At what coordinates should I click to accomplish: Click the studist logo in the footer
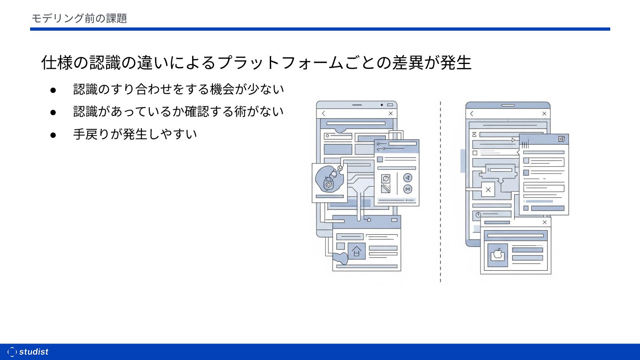pyautogui.click(x=28, y=352)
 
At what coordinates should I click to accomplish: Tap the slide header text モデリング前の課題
pyautogui.click(x=79, y=18)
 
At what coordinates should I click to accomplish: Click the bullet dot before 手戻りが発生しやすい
pyautogui.click(x=53, y=134)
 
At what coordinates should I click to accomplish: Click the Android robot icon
pyautogui.click(x=328, y=182)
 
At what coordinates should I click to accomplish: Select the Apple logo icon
pyautogui.click(x=497, y=255)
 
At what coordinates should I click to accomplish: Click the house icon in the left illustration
pyautogui.click(x=356, y=251)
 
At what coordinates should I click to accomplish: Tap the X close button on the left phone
pyautogui.click(x=391, y=113)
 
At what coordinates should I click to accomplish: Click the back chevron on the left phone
pyautogui.click(x=324, y=113)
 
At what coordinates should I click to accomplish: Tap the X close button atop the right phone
pyautogui.click(x=544, y=113)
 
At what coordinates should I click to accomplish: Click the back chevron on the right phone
pyautogui.click(x=472, y=113)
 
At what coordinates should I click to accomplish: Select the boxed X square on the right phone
pyautogui.click(x=488, y=190)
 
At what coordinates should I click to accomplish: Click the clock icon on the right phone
pyautogui.click(x=478, y=215)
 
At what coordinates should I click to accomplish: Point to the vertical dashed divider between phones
pyautogui.click(x=440, y=191)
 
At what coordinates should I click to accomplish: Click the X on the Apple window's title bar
pyautogui.click(x=544, y=222)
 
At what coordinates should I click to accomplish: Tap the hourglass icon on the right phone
pyautogui.click(x=474, y=134)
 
